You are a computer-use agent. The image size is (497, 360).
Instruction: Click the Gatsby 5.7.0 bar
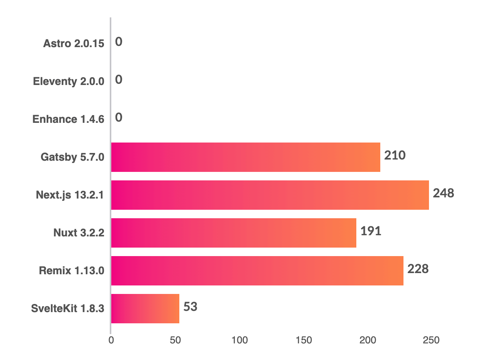(x=245, y=157)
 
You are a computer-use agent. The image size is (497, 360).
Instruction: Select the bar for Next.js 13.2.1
(x=270, y=195)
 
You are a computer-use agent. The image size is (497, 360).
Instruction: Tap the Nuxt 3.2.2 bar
(x=233, y=233)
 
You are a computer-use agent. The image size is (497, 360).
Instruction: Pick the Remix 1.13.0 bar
(x=257, y=271)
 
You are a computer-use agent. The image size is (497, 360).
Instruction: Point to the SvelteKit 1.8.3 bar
(x=145, y=309)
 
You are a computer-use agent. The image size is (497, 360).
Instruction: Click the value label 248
(x=443, y=193)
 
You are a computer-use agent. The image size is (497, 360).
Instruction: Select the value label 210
(x=395, y=155)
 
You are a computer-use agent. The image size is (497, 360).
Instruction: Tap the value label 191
(x=371, y=231)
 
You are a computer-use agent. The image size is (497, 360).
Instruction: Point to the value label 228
(x=418, y=269)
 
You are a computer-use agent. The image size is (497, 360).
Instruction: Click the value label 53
(x=190, y=307)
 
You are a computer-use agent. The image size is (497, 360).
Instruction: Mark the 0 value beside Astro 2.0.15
(x=119, y=42)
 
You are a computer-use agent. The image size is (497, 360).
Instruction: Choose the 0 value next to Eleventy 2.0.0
(x=119, y=80)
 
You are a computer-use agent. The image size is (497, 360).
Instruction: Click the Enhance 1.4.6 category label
(x=68, y=119)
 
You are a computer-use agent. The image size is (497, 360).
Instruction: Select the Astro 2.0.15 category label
(x=74, y=43)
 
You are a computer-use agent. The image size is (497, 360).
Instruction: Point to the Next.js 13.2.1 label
(x=70, y=195)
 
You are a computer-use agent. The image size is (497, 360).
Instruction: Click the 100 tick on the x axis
(x=239, y=340)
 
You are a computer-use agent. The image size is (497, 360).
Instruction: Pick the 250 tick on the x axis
(x=431, y=340)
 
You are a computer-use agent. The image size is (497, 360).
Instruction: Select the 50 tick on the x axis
(x=175, y=340)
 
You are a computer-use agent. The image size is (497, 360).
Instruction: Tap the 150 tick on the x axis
(x=303, y=340)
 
